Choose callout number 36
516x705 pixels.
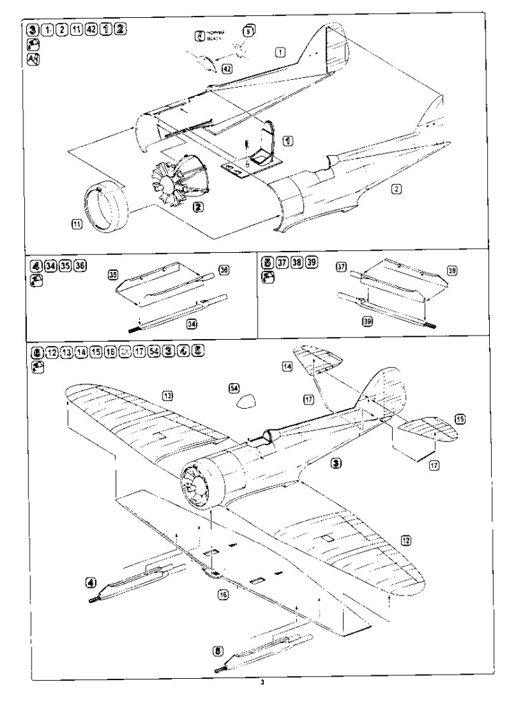223,270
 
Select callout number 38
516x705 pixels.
452,272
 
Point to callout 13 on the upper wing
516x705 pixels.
167,395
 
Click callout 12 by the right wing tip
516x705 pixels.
406,541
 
